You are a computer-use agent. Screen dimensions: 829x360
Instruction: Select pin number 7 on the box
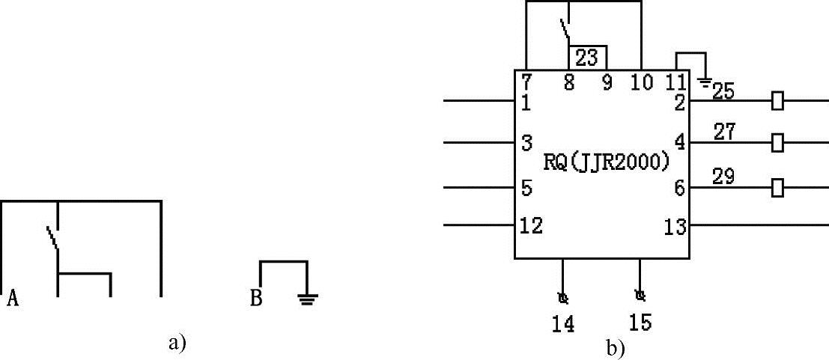point(526,82)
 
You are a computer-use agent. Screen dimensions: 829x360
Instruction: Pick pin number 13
point(675,226)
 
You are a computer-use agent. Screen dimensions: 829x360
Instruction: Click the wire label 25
point(723,92)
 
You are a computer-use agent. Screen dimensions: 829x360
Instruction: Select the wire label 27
point(724,132)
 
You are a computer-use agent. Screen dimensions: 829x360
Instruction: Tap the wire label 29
point(724,177)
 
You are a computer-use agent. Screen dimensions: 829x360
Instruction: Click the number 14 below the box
point(563,324)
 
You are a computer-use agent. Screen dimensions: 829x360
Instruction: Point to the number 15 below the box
point(641,323)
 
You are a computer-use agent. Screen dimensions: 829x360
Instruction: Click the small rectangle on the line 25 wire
point(777,101)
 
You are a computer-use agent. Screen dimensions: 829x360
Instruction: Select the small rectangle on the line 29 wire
point(777,187)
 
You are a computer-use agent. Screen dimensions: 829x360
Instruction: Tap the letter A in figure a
point(12,300)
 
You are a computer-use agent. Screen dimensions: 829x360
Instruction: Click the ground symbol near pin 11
point(705,80)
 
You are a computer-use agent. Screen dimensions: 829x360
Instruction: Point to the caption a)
point(177,343)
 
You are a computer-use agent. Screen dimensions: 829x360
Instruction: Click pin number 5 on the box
point(526,189)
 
